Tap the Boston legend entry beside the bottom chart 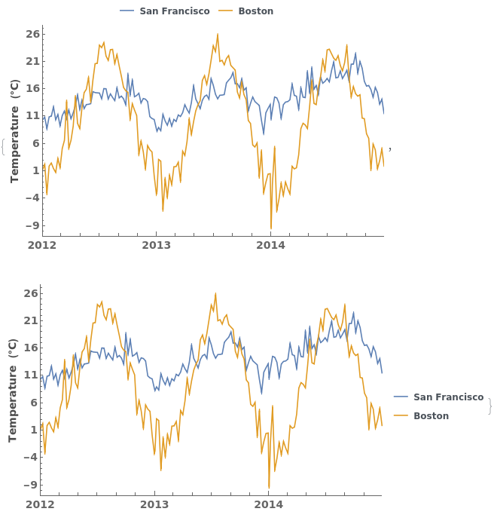tap(431, 415)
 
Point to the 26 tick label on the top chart tap(32, 34)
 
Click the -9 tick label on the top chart tap(31, 225)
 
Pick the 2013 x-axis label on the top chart tap(157, 245)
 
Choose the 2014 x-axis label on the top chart tap(270, 245)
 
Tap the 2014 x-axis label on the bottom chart tap(268, 504)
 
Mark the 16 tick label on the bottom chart tap(30, 348)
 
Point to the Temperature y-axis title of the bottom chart tap(13, 390)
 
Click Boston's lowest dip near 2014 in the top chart tap(271, 228)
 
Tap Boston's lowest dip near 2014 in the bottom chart tap(269, 487)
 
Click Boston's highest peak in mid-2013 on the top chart tap(218, 34)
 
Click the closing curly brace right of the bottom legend tap(489, 406)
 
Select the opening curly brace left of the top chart tap(3, 146)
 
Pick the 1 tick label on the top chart tap(35, 170)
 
